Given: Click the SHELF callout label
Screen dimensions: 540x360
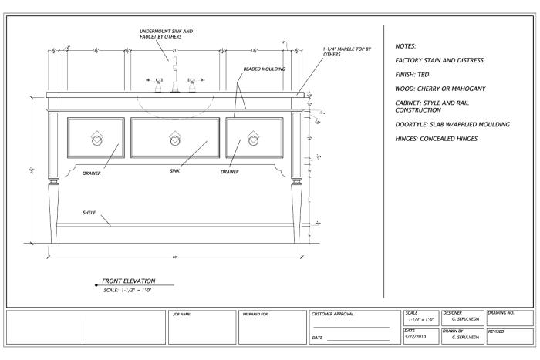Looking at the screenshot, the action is click(x=89, y=213).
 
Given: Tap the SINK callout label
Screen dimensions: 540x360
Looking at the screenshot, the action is click(x=175, y=172).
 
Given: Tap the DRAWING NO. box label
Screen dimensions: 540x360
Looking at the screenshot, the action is click(x=502, y=314).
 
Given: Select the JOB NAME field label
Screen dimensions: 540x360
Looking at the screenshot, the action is click(x=181, y=315).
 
